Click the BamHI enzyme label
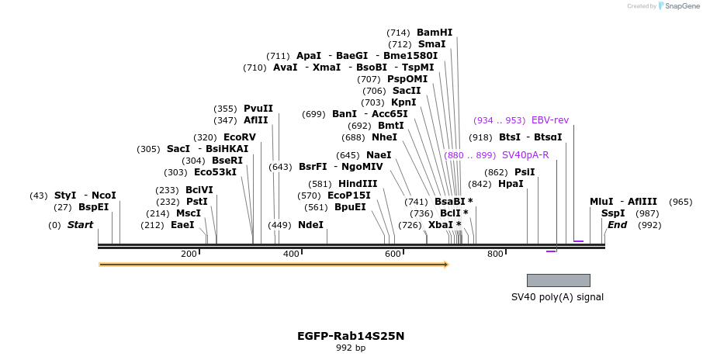click(x=435, y=33)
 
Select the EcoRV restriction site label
click(x=239, y=137)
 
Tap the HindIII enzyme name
click(x=358, y=184)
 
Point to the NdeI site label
click(x=310, y=225)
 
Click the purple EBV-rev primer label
click(x=550, y=120)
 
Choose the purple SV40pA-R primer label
click(x=525, y=155)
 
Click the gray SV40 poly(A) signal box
click(x=558, y=280)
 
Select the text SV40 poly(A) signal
click(x=557, y=297)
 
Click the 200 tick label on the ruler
click(x=189, y=254)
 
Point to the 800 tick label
click(x=495, y=254)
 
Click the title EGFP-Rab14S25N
click(x=351, y=336)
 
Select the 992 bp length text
click(x=351, y=348)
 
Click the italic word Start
click(x=80, y=225)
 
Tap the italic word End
click(x=617, y=225)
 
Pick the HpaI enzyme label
click(x=511, y=184)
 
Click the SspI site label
click(x=613, y=213)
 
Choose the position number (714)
click(x=398, y=33)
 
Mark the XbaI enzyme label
click(x=441, y=225)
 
